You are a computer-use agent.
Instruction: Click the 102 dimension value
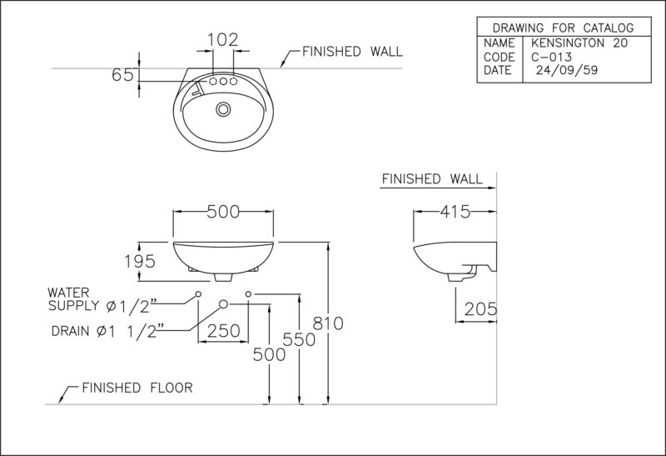coord(223,40)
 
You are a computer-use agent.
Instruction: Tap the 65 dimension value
coord(122,75)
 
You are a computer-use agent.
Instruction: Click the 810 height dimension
coord(328,323)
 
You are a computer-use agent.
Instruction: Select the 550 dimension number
coord(299,339)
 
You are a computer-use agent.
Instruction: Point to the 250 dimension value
coord(223,330)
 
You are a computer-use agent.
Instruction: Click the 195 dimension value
coord(140,261)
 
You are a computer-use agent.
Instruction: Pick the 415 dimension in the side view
coord(455,212)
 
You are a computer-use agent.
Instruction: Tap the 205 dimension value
coord(480,309)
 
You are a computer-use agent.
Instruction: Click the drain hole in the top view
coord(223,109)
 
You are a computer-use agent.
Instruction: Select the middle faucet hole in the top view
coord(223,81)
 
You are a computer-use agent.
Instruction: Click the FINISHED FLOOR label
coord(137,388)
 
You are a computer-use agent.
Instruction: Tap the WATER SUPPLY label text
coord(99,299)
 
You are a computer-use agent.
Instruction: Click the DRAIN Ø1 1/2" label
coord(108,331)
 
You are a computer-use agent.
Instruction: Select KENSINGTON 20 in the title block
coord(579,43)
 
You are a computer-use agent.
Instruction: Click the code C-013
coord(551,57)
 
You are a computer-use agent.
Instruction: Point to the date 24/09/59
coord(567,70)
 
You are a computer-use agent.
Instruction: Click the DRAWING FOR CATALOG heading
coord(564,28)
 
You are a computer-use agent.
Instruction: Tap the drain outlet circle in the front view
coord(223,303)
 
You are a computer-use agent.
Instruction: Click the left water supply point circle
coord(198,294)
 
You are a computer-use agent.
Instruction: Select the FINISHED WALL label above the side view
coord(432,178)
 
